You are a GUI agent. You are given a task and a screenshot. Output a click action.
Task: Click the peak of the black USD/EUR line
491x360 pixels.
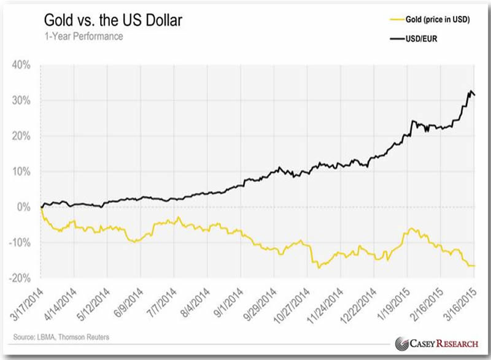(471, 91)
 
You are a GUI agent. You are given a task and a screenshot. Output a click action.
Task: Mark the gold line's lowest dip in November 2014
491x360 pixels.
(318, 268)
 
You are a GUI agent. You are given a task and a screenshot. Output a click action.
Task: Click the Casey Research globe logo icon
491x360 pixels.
(403, 343)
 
